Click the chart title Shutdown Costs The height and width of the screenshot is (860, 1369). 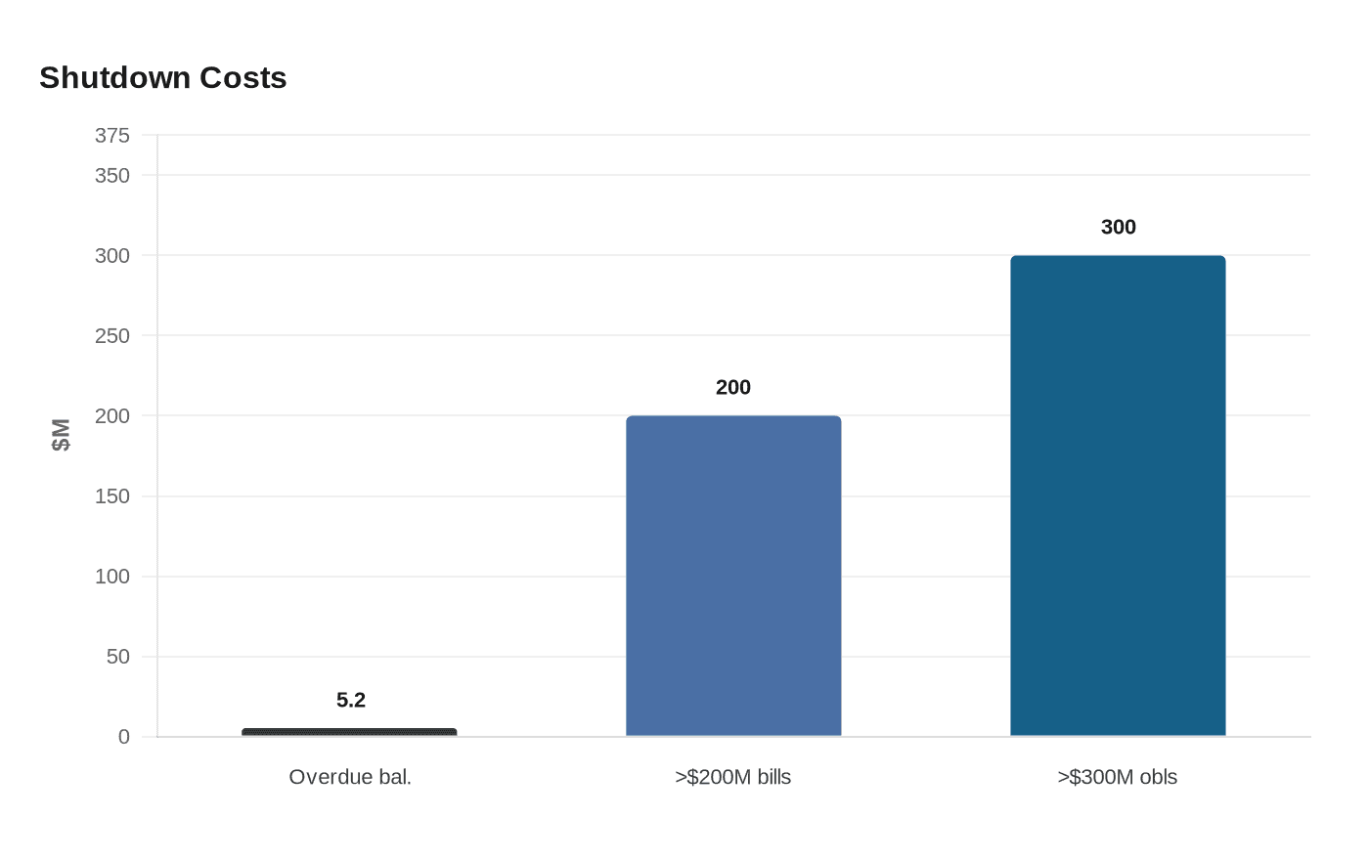pos(163,78)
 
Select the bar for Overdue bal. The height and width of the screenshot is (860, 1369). pos(349,732)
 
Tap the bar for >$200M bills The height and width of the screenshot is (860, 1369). pos(733,576)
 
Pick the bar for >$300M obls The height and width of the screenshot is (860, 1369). pos(1118,495)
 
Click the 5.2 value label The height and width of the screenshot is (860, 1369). pos(351,700)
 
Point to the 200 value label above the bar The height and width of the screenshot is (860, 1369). pos(733,388)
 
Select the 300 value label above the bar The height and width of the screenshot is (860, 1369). pos(1119,228)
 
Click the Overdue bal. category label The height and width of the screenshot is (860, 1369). pos(350,777)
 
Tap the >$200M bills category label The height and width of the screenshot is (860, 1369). pos(733,777)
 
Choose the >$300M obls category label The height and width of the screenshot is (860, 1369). pos(1118,777)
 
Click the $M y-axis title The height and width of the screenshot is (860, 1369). pos(62,435)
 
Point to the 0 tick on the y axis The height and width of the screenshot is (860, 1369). pos(124,737)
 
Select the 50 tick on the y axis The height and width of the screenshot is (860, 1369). pos(118,657)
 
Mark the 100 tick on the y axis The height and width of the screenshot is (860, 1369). pos(112,577)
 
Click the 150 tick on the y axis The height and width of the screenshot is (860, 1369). pos(112,496)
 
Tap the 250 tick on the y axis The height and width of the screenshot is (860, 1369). pos(112,336)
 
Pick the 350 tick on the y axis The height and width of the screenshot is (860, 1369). pos(112,176)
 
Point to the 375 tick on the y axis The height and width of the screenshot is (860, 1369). pos(112,136)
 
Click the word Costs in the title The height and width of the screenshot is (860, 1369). pos(243,78)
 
